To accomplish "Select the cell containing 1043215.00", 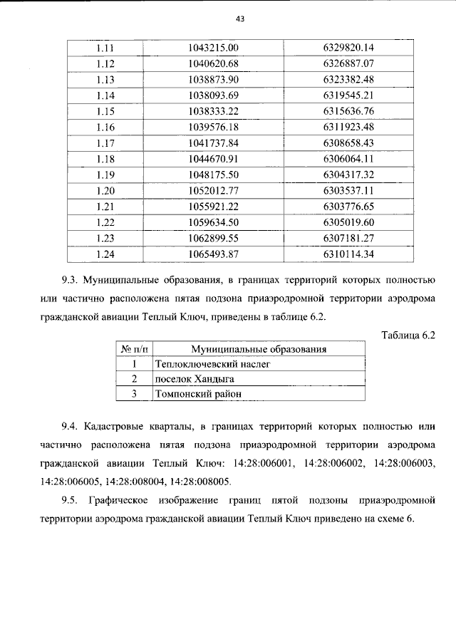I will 212,48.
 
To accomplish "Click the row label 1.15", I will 105,111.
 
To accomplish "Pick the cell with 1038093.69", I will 212,95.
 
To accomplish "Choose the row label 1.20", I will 105,189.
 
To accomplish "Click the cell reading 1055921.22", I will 212,205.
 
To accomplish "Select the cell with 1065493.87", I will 212,252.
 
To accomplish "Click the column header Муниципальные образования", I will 259,349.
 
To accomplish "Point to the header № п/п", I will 133,349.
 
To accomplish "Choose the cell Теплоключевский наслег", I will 204,363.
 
